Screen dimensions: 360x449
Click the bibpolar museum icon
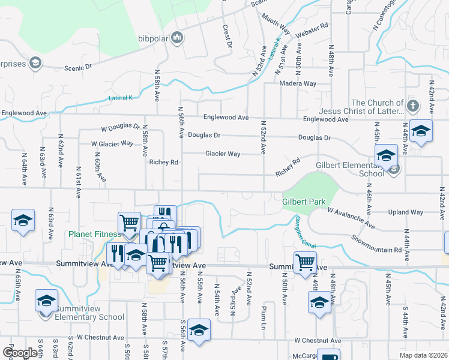point(176,38)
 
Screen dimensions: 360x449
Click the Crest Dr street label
point(228,36)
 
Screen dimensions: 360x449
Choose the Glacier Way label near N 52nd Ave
point(223,154)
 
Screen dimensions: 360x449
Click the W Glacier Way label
point(112,144)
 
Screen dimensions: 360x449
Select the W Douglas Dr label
point(120,128)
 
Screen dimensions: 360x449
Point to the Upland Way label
point(406,212)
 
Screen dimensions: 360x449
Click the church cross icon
point(412,106)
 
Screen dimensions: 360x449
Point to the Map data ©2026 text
point(424,355)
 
